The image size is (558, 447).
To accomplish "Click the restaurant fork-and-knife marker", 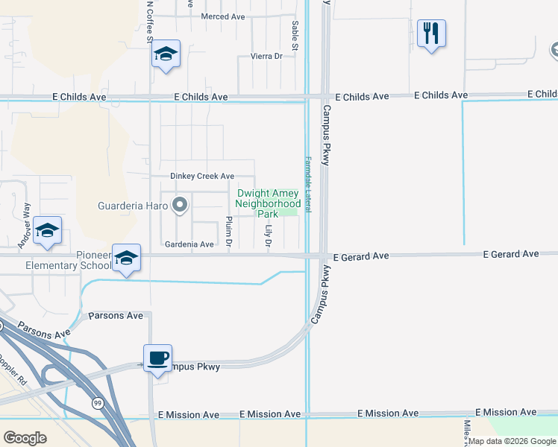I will (431, 34).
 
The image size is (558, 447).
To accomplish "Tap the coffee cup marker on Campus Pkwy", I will (158, 358).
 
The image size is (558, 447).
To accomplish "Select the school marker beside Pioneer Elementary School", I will (127, 258).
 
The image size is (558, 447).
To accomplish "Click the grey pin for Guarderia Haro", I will (179, 204).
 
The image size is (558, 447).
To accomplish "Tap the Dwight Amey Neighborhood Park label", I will (268, 203).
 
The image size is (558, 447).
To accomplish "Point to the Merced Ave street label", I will (223, 16).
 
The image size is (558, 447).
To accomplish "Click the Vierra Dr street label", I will (267, 56).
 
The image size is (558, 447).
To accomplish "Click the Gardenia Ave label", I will (189, 244).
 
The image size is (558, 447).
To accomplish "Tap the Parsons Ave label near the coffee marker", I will (116, 316).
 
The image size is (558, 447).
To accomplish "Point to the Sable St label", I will (295, 36).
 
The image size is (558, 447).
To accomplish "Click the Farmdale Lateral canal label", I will (307, 183).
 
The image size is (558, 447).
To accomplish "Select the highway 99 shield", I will (98, 403).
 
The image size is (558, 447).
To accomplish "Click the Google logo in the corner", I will (25, 438).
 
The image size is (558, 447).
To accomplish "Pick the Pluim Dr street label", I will (229, 232).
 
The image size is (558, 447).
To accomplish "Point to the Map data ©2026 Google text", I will (512, 441).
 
